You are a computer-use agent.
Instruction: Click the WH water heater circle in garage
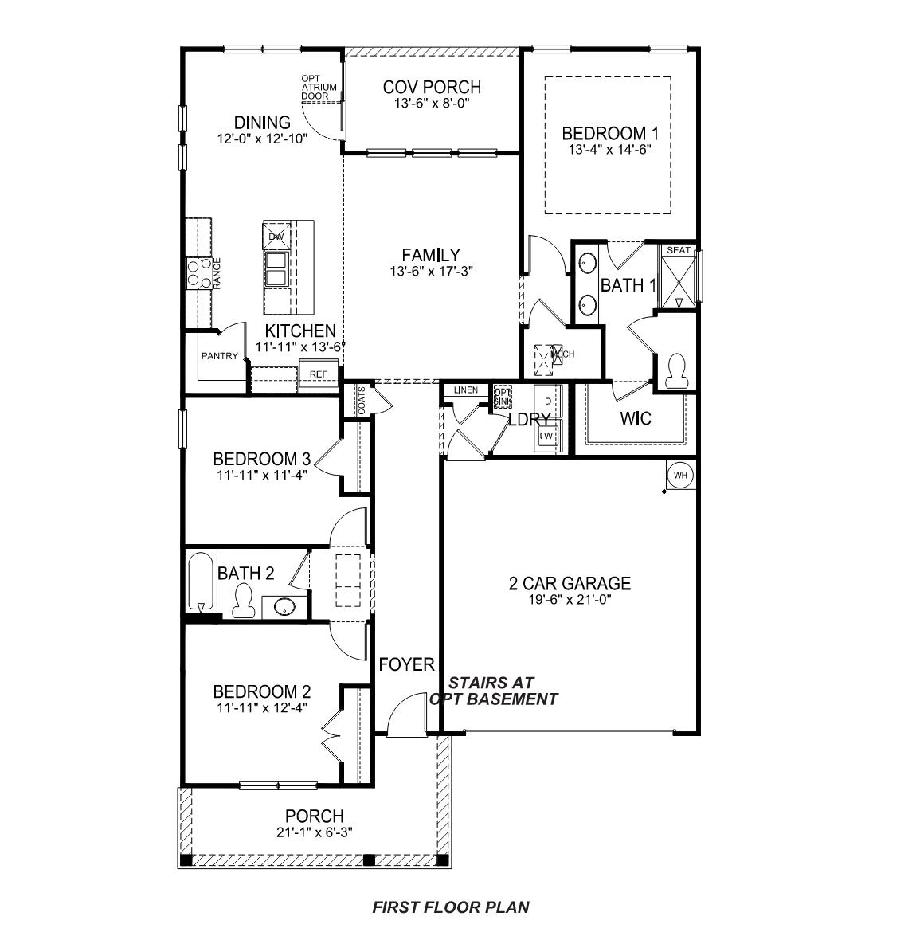tap(679, 476)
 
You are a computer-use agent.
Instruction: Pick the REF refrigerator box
tap(318, 374)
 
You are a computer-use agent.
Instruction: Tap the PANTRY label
tap(218, 356)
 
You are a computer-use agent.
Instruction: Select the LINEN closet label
tap(466, 390)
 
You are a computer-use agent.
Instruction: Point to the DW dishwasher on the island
tap(276, 237)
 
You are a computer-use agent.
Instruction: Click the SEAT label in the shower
tap(678, 250)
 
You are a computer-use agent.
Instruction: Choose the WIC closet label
tap(636, 418)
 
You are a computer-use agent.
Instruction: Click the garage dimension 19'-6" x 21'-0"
tap(570, 600)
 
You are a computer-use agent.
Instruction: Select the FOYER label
tap(406, 664)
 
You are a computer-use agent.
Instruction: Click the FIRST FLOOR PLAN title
tap(450, 907)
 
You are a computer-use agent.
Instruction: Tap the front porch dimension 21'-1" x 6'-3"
tap(314, 832)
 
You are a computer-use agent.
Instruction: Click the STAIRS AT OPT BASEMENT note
tap(494, 691)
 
